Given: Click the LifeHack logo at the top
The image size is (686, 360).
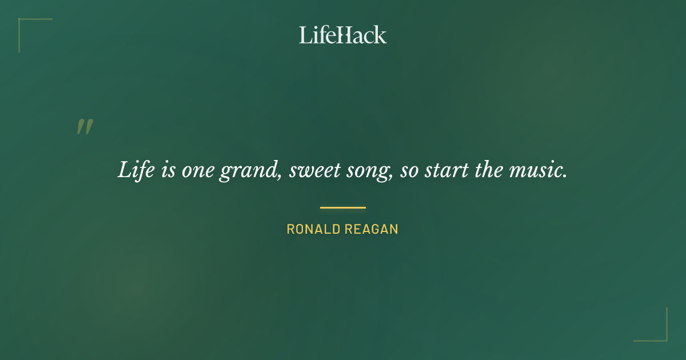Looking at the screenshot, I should click(343, 35).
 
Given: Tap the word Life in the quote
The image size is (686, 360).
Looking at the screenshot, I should click(134, 170).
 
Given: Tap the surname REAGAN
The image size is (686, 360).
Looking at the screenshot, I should click(372, 230).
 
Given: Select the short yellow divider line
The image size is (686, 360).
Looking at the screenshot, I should click(343, 207).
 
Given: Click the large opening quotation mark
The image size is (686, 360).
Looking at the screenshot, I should click(85, 127).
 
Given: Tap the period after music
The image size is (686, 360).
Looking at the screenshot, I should click(565, 175).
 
